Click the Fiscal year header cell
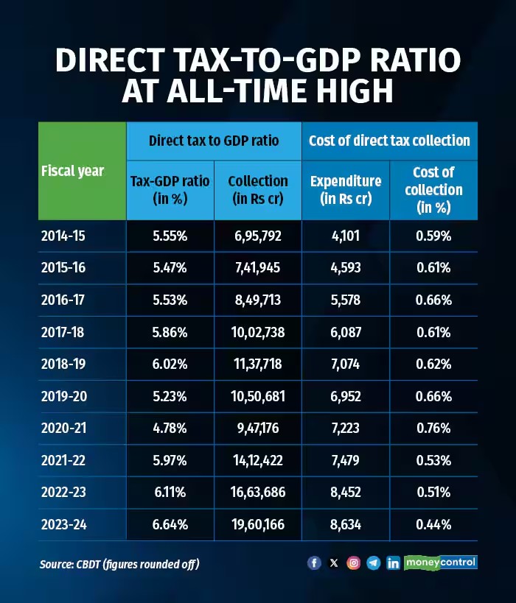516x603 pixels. click(72, 171)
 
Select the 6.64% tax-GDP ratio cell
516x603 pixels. click(170, 525)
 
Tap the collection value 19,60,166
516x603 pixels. click(258, 525)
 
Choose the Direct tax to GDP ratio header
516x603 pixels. click(214, 140)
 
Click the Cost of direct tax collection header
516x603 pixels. click(389, 140)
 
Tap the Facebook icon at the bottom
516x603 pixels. click(314, 563)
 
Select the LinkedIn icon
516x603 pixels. click(394, 563)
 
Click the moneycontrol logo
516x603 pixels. click(441, 563)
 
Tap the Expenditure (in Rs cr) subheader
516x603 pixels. click(346, 189)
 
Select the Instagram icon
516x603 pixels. click(354, 563)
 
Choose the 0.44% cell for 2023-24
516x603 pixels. click(433, 525)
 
